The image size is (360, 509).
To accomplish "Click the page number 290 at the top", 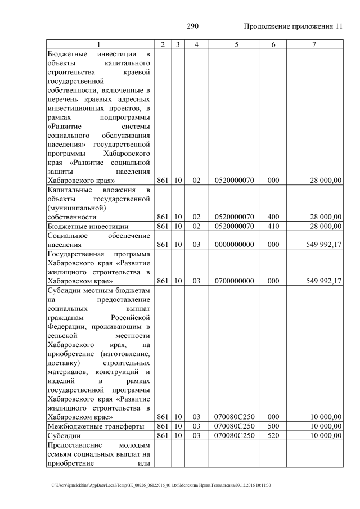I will (x=193, y=26).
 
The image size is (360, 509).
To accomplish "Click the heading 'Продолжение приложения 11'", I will (x=293, y=26).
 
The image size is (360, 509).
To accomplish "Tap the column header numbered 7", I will (x=313, y=44).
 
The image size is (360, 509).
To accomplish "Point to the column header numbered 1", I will (x=99, y=44).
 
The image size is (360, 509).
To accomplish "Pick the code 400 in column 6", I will (x=273, y=217).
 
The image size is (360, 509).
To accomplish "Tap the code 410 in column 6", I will (x=273, y=226).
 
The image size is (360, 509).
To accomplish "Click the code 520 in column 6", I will (x=273, y=436).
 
